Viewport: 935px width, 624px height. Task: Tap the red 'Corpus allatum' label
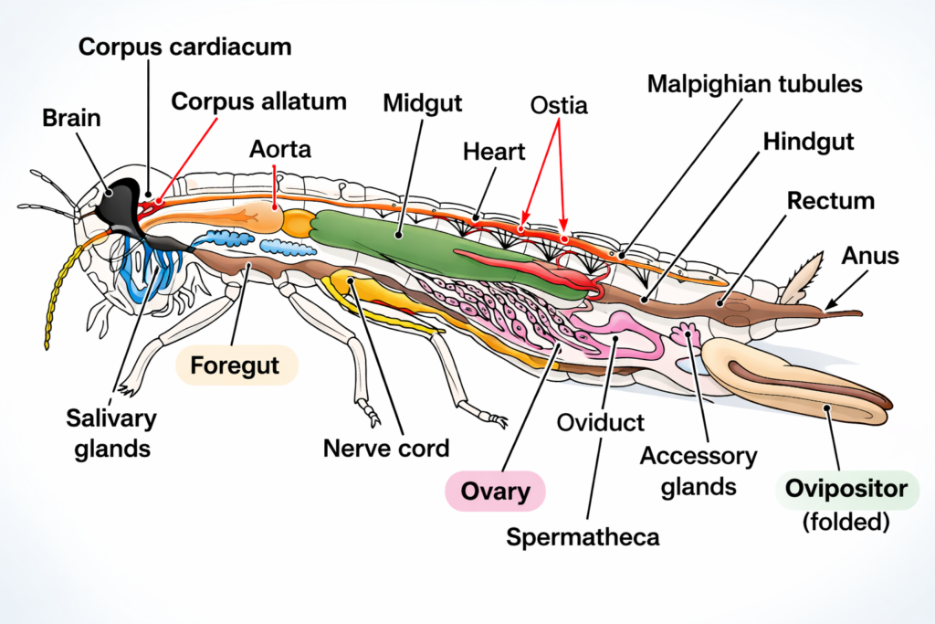258,100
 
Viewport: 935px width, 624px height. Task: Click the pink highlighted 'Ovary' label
494,492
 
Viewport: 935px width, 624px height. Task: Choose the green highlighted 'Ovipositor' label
848,489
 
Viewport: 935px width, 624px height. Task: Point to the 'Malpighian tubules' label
754,84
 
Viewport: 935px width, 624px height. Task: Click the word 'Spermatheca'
583,536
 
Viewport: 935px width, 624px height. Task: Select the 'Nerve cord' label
386,448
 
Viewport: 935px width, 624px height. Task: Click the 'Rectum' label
831,200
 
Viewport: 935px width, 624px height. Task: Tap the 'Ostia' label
559,106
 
